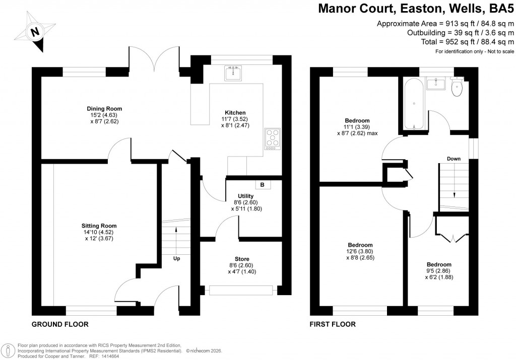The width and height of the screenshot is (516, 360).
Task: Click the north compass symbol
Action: click(x=34, y=33)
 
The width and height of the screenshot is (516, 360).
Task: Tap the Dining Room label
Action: click(x=105, y=108)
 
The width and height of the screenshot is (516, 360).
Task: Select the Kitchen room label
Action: click(x=235, y=112)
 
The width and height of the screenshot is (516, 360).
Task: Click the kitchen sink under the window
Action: click(x=233, y=74)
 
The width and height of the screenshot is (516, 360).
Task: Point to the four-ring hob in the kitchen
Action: click(x=273, y=138)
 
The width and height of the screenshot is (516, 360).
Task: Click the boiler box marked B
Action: click(x=262, y=185)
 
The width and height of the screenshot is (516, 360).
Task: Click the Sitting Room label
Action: click(x=99, y=226)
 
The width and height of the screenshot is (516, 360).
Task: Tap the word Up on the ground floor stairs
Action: click(x=176, y=258)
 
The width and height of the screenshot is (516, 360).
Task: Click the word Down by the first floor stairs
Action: click(x=454, y=159)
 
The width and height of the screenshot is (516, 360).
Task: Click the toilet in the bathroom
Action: click(x=457, y=89)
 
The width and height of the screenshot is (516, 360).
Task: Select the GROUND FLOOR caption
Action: click(x=60, y=324)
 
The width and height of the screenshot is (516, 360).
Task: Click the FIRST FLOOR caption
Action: click(x=333, y=324)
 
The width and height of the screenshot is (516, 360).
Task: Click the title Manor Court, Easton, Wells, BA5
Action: click(x=416, y=9)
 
